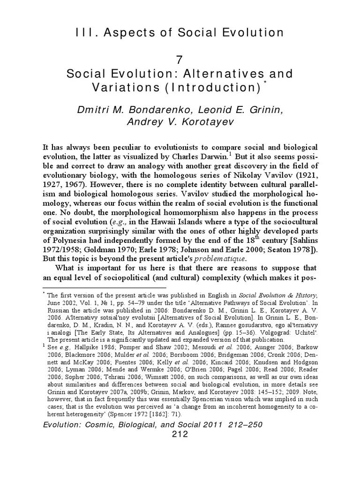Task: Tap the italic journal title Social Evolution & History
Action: pos(278,296)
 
